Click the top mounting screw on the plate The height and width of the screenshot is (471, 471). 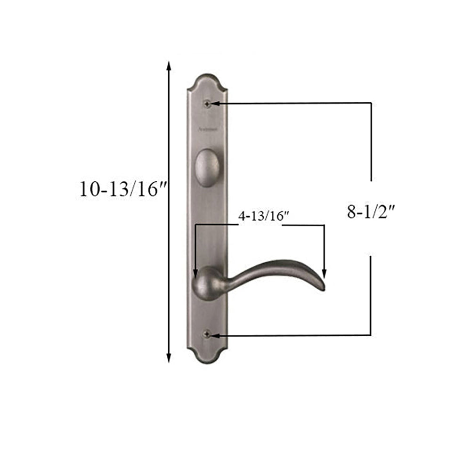click(207, 103)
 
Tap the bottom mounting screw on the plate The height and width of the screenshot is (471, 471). click(207, 335)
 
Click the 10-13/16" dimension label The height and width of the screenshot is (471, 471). click(124, 189)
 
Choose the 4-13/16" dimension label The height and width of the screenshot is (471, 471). click(263, 216)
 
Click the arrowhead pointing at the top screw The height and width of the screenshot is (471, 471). click(215, 103)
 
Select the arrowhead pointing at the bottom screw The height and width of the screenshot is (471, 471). click(215, 335)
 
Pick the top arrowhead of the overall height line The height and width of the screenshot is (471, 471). click(169, 66)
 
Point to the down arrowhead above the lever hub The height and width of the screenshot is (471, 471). click(195, 274)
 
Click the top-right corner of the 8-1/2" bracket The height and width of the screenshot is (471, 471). click(371, 103)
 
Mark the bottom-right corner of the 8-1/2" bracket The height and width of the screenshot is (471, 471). click(371, 335)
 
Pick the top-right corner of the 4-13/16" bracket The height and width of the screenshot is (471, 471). click(324, 225)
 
